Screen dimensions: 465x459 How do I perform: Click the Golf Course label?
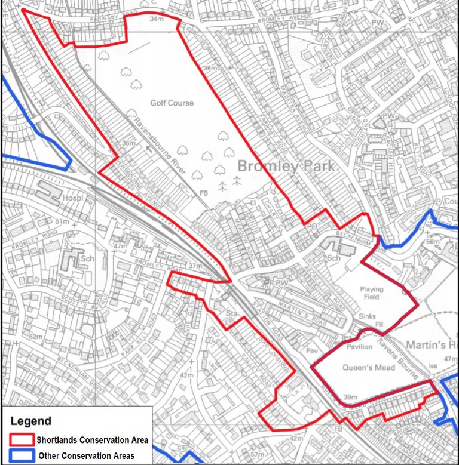172,103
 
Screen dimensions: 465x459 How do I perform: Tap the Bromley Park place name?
286,165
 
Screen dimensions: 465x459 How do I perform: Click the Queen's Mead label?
368,368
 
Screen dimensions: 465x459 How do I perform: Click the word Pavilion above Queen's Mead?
359,347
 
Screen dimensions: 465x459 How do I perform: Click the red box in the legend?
21,439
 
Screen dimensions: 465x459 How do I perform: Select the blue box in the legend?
21,455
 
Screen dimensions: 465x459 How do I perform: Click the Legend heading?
30,421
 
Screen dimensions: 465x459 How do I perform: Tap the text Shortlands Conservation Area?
92,440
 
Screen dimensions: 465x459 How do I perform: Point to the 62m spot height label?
36,337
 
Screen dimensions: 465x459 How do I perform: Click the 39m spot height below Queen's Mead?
350,396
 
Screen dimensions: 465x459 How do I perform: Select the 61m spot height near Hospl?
63,221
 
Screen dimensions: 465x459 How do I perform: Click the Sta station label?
232,312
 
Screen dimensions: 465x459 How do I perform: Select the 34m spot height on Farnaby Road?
157,19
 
